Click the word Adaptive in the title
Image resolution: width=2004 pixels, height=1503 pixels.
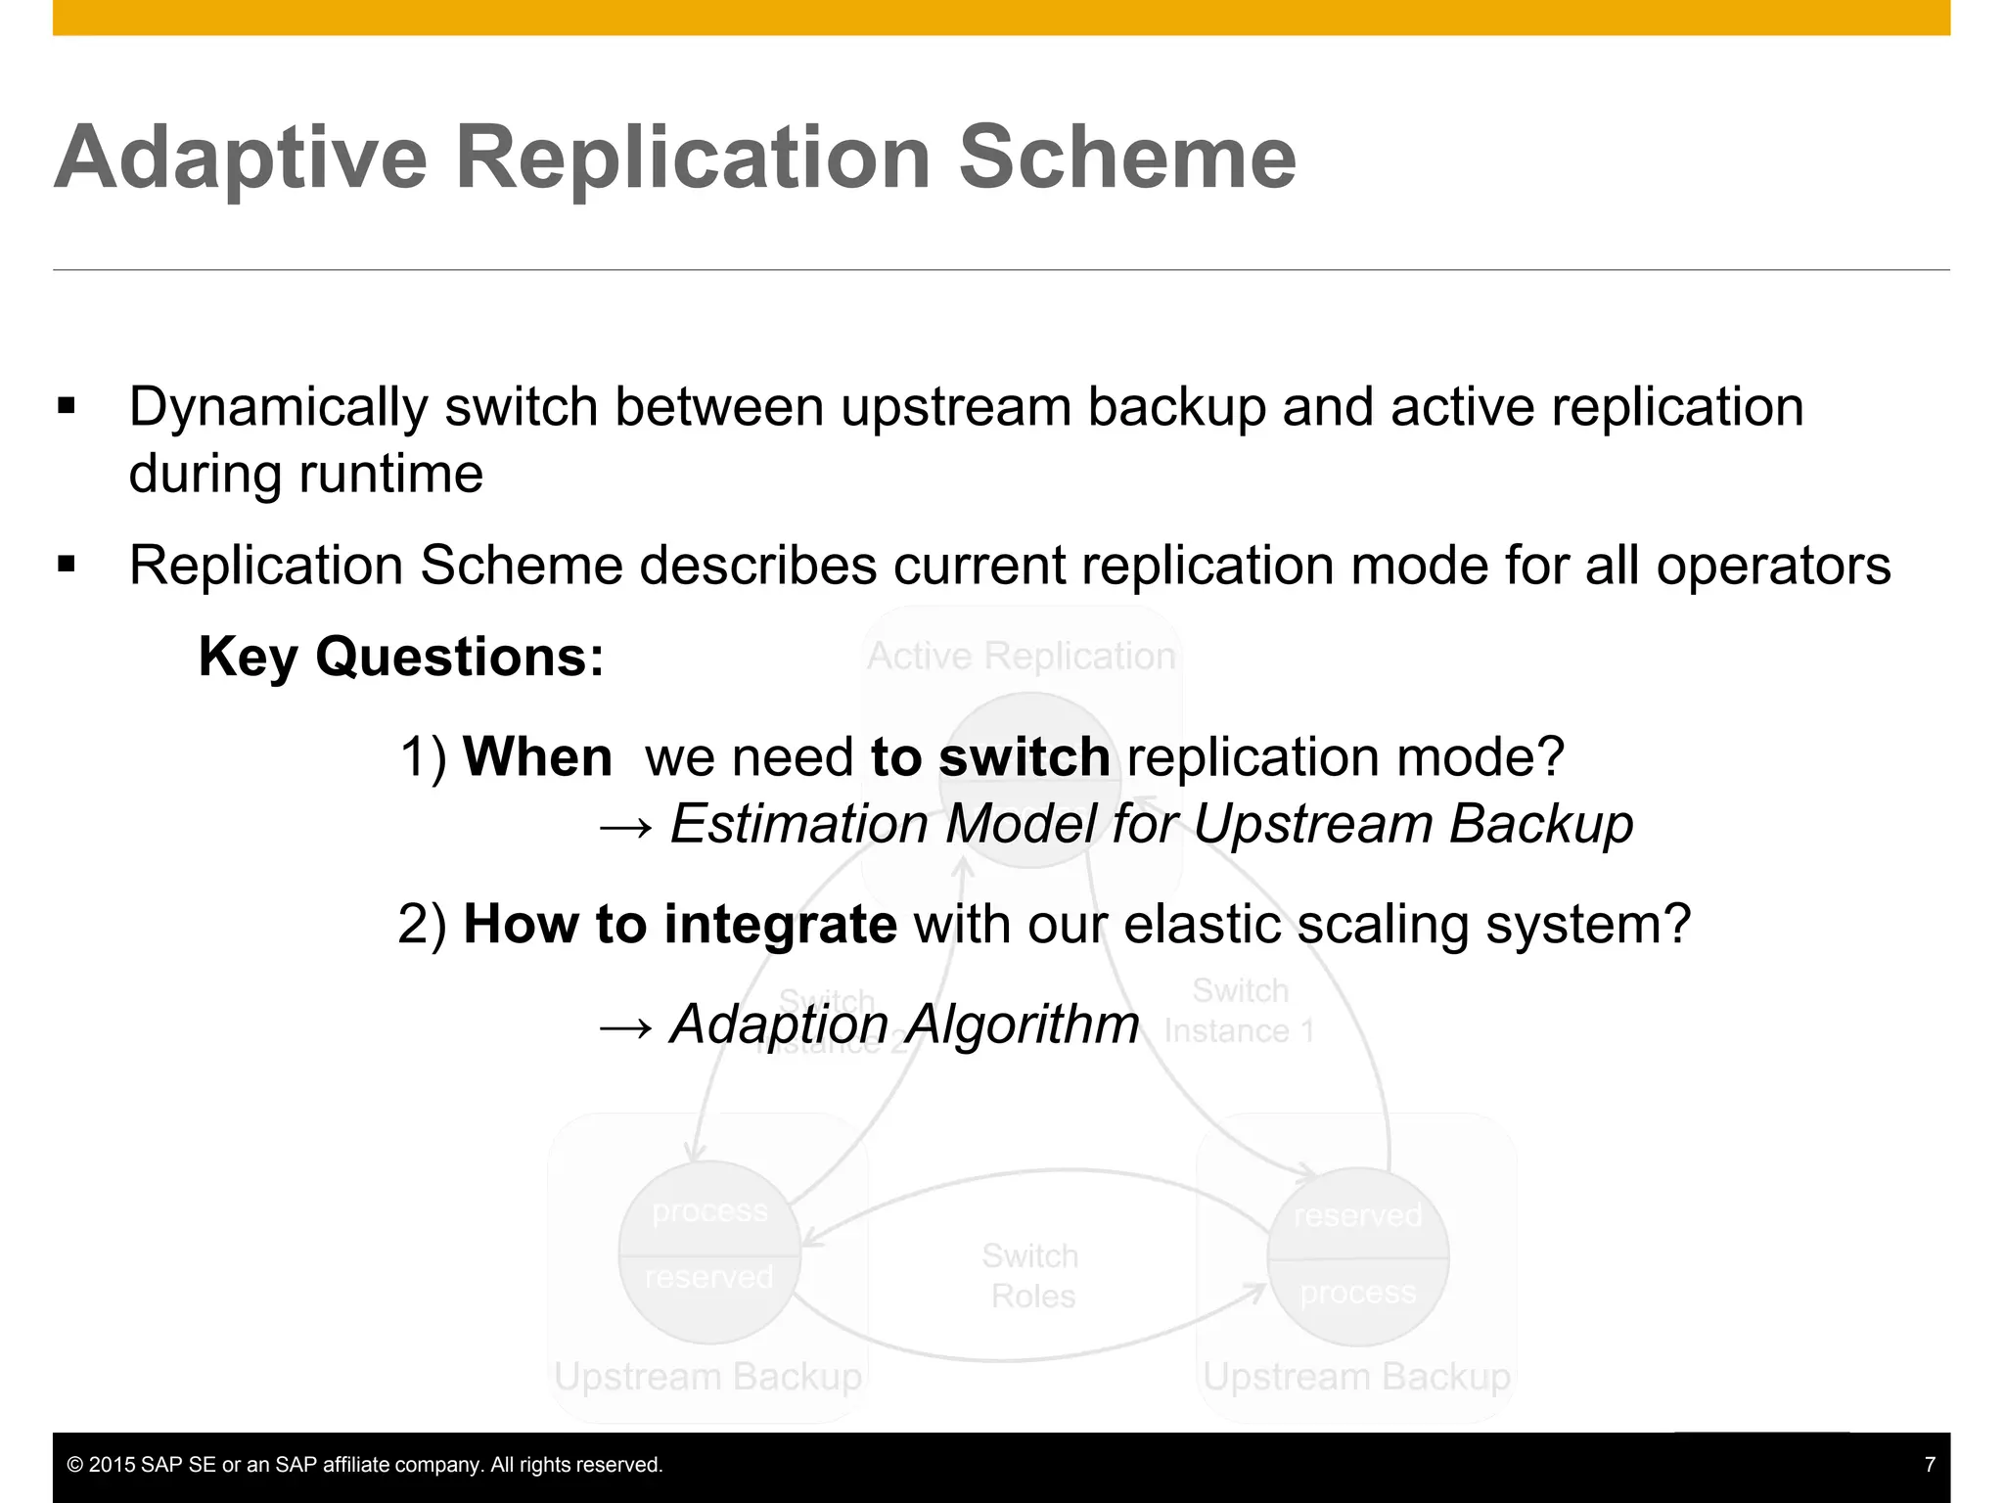point(241,159)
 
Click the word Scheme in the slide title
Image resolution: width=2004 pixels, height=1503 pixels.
point(1127,159)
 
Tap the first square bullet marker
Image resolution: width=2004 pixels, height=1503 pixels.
point(67,406)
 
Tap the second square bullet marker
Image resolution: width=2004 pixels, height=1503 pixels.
point(67,564)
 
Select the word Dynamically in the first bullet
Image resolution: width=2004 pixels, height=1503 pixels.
point(278,408)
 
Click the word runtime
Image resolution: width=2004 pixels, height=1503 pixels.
point(390,474)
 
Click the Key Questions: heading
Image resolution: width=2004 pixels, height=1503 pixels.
point(401,657)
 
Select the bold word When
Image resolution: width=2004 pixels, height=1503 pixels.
point(537,757)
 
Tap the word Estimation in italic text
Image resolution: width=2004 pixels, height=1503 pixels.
point(798,824)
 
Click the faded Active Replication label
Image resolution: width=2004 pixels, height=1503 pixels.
point(1021,656)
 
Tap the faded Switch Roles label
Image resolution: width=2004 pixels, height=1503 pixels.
point(1030,1276)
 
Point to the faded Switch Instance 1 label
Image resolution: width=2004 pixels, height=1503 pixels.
point(1240,1011)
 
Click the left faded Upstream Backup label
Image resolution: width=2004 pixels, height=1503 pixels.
point(707,1377)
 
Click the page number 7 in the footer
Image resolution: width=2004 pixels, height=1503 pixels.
point(1930,1465)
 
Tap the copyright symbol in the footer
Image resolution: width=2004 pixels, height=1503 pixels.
point(74,1465)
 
